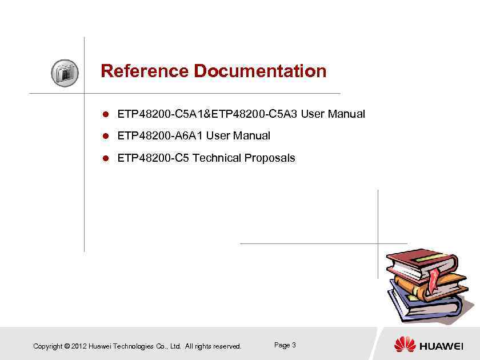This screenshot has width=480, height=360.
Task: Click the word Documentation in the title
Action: pyautogui.click(x=260, y=71)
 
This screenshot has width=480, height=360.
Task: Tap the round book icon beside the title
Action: pyautogui.click(x=65, y=73)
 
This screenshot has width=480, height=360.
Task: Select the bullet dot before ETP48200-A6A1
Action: pyautogui.click(x=105, y=136)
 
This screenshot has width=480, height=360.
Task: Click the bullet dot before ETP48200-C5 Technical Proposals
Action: pyautogui.click(x=105, y=158)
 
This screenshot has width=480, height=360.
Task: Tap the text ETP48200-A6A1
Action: pyautogui.click(x=160, y=136)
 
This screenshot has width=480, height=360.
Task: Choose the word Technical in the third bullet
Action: pyautogui.click(x=217, y=158)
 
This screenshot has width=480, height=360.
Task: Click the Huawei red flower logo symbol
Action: pyautogui.click(x=405, y=345)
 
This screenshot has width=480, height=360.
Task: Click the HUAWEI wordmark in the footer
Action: pyautogui.click(x=441, y=346)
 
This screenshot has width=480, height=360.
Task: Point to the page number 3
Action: pyautogui.click(x=294, y=345)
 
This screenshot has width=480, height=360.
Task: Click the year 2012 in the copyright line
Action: pyautogui.click(x=79, y=346)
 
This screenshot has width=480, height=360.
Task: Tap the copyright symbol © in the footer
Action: pyautogui.click(x=67, y=346)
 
